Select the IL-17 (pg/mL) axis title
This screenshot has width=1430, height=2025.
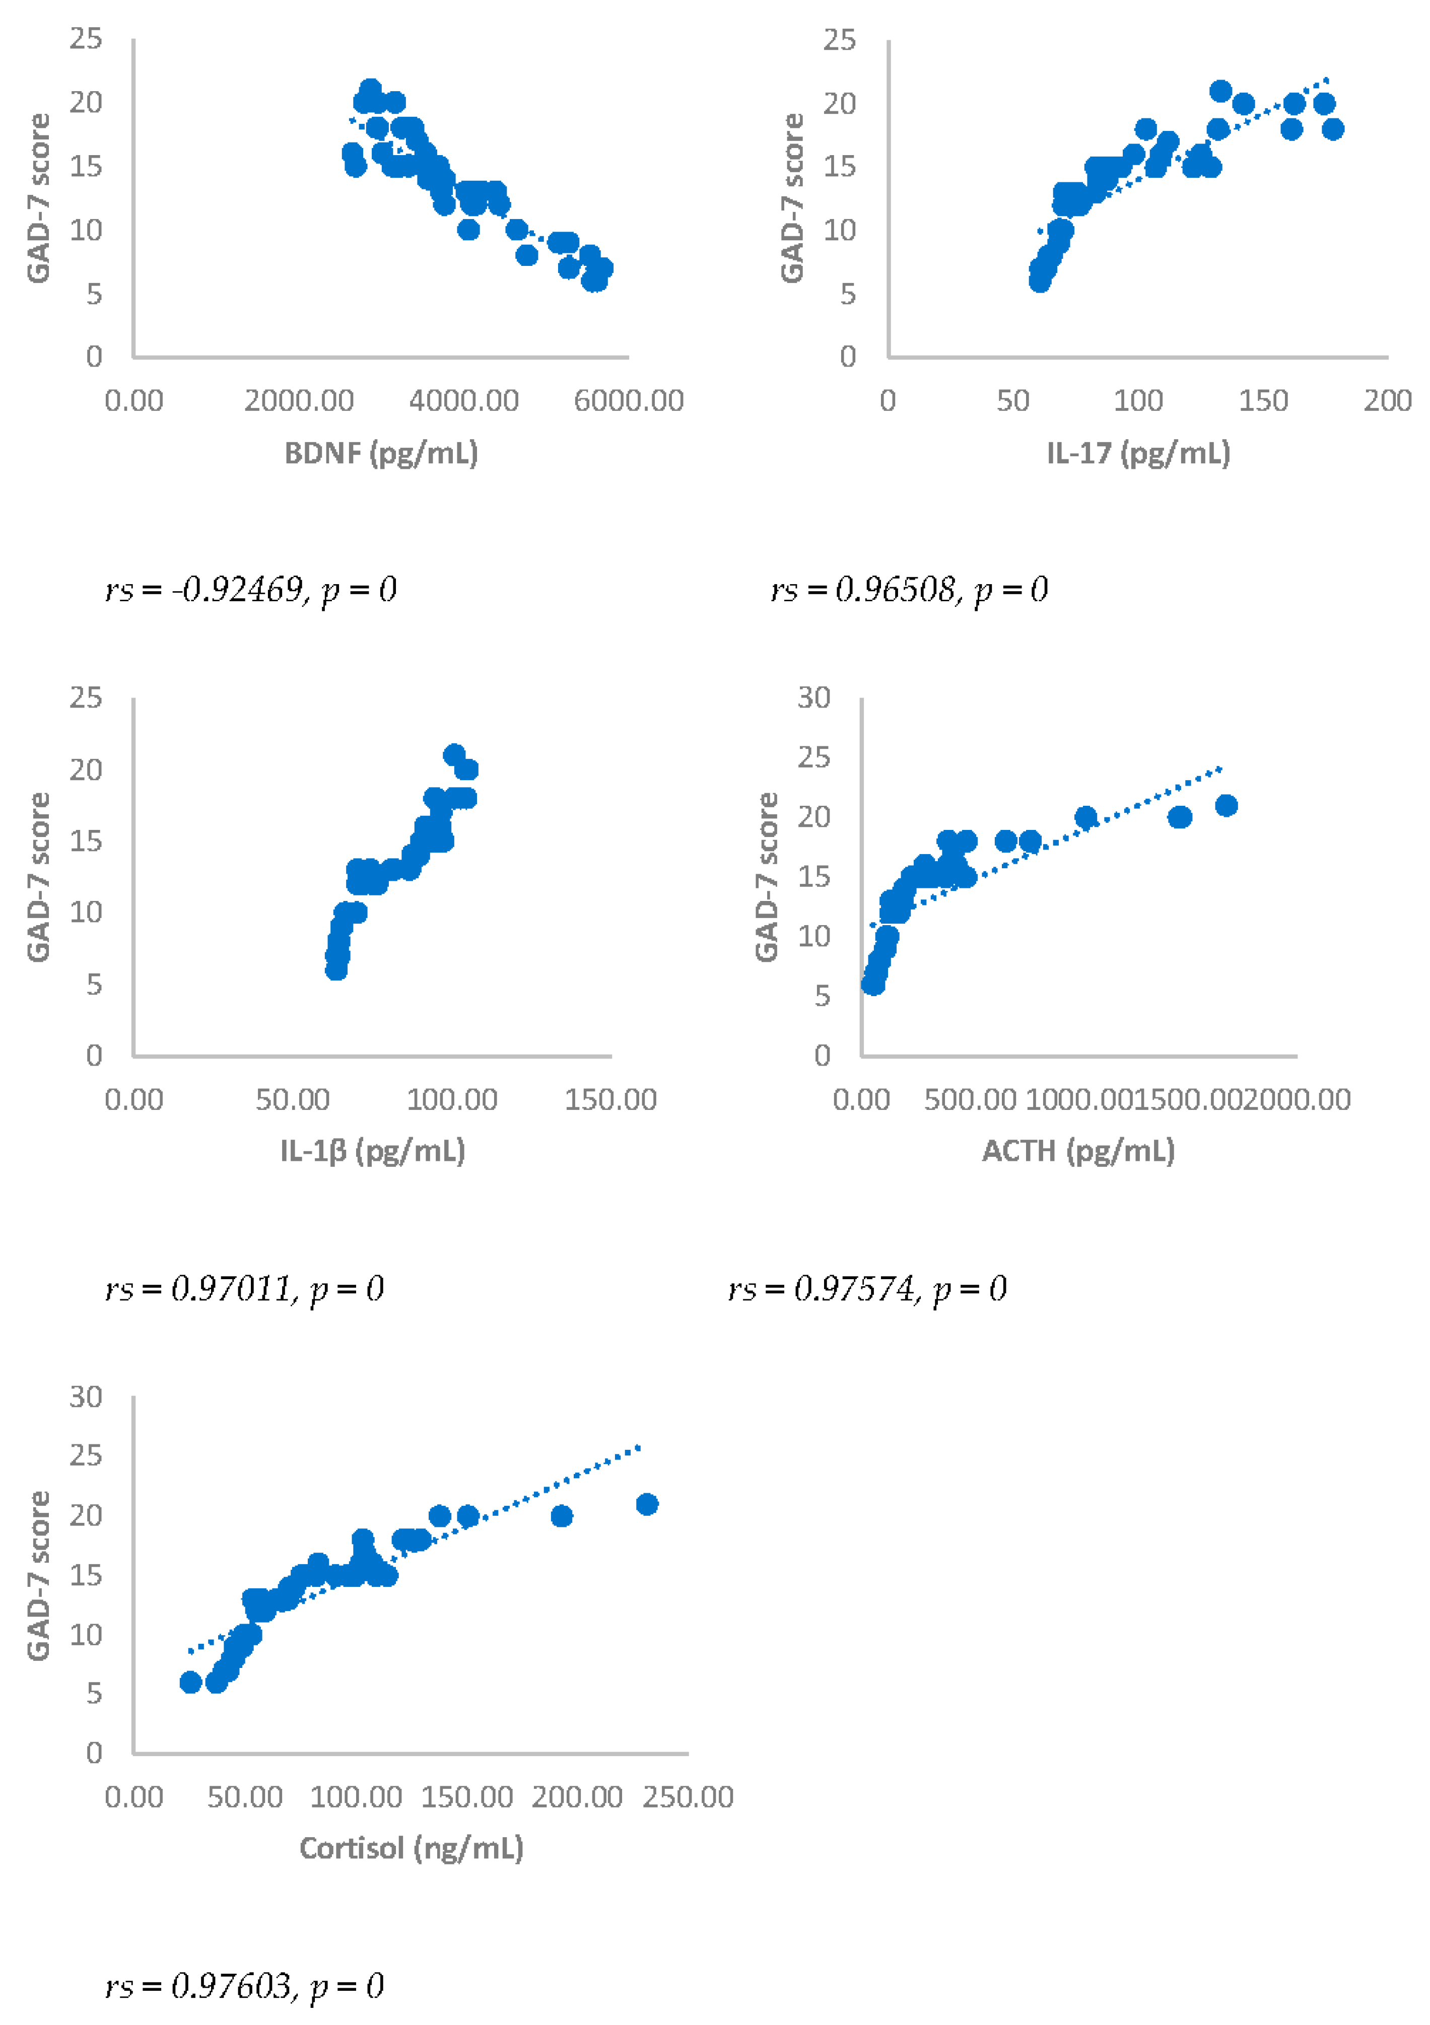tap(1137, 453)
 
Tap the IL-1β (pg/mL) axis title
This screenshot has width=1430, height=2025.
tap(372, 1151)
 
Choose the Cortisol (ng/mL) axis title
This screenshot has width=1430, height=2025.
tap(411, 1848)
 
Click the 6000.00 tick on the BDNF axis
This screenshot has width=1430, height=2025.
tap(628, 401)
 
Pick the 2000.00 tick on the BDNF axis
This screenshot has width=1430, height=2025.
tap(299, 401)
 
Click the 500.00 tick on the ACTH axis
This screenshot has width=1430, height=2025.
tap(971, 1100)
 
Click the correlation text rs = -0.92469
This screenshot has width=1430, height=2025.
tap(250, 589)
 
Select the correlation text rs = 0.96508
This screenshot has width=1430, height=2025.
tap(909, 589)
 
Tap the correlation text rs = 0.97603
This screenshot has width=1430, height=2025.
tap(244, 1985)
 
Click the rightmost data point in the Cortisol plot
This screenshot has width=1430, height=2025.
tap(647, 1504)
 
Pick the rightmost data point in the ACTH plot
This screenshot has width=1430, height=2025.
tap(1225, 805)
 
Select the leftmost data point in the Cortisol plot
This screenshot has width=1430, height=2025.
tap(190, 1682)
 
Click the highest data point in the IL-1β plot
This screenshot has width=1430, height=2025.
tap(454, 754)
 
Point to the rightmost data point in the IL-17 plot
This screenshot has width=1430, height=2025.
tap(1332, 129)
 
